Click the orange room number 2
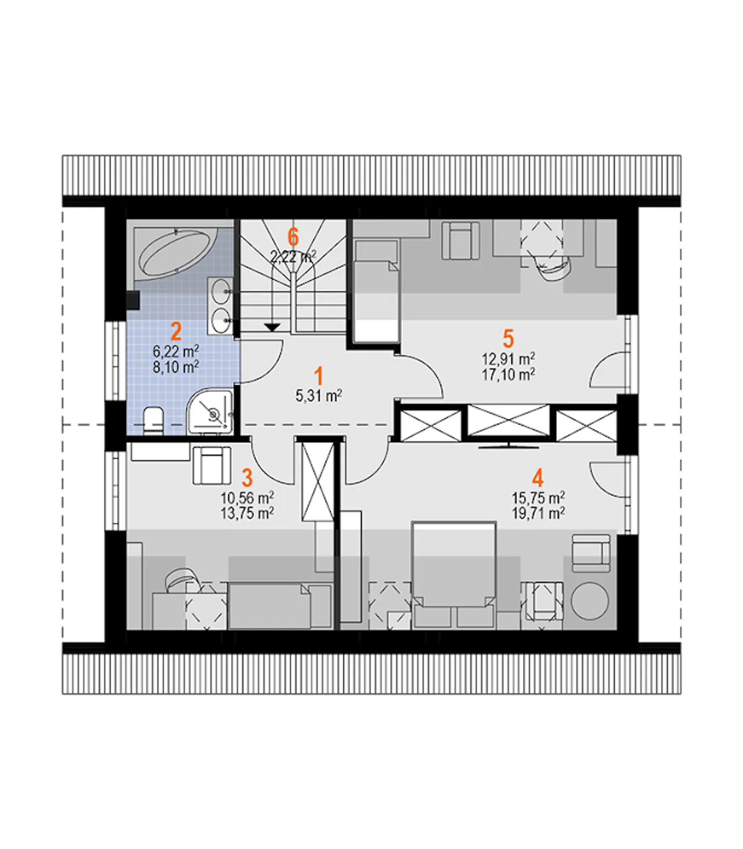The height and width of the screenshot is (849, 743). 176,332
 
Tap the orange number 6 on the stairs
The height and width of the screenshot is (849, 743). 293,237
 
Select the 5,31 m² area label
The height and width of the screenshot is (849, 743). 319,396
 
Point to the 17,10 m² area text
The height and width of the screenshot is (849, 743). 508,375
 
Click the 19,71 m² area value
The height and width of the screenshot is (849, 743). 538,514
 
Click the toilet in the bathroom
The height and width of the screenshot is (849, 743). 153,420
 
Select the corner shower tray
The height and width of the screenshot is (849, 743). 210,411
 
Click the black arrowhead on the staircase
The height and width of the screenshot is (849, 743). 272,327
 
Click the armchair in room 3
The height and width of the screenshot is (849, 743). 212,465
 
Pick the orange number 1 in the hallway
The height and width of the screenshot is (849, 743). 318,377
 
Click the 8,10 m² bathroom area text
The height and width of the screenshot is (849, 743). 175,367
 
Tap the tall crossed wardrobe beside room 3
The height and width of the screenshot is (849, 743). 318,481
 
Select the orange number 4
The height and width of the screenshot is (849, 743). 538,478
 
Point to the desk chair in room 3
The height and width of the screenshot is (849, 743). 181,580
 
